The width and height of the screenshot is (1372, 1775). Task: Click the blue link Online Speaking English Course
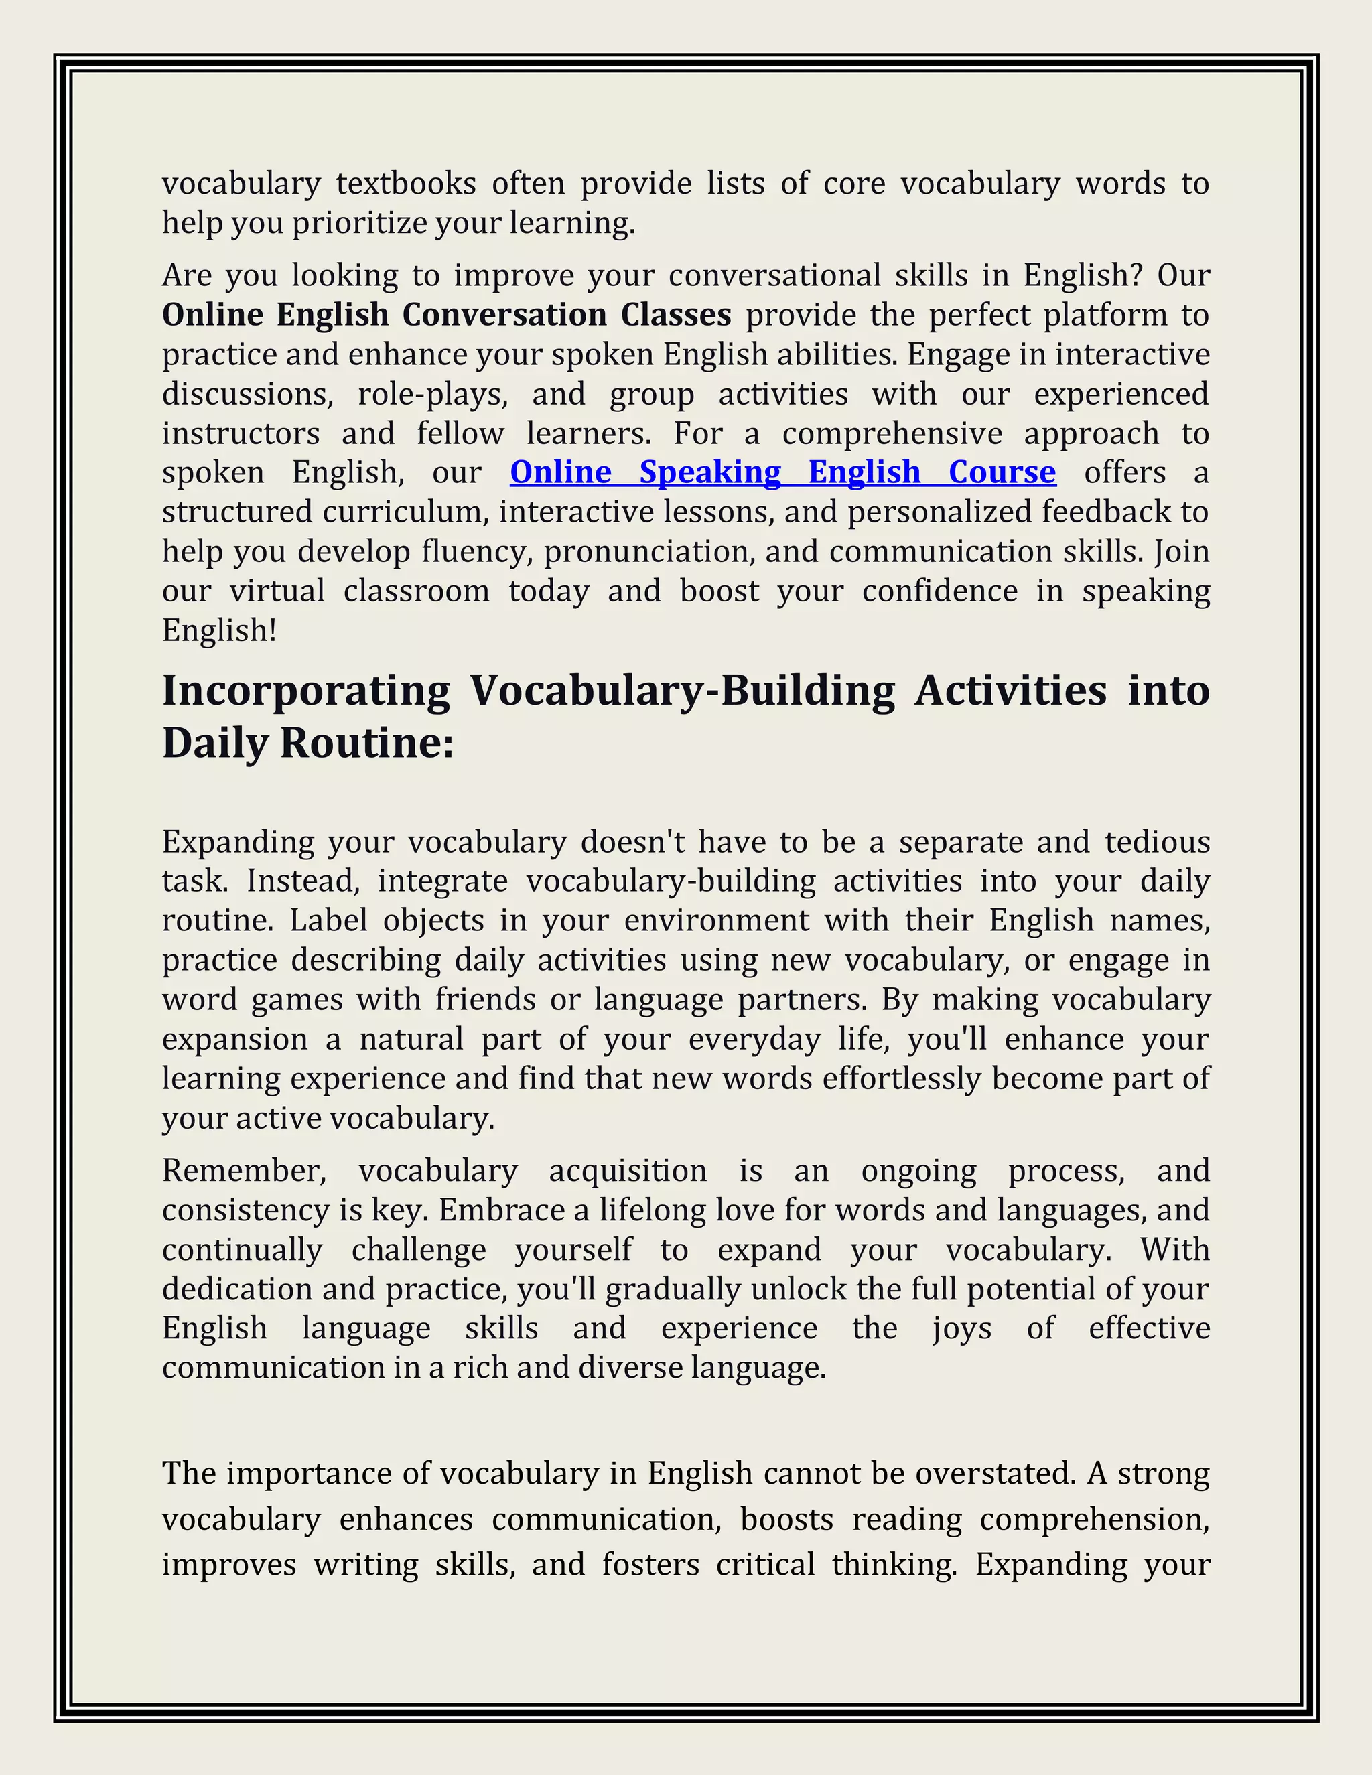click(x=782, y=472)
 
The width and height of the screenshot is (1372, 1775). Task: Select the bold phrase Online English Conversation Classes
click(x=446, y=315)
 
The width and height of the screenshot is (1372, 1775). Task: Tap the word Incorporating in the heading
click(x=305, y=691)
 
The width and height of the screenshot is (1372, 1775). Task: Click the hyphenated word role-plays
click(x=432, y=394)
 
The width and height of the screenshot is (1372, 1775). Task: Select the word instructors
click(x=241, y=433)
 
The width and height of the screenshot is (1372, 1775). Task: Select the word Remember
click(x=244, y=1171)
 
